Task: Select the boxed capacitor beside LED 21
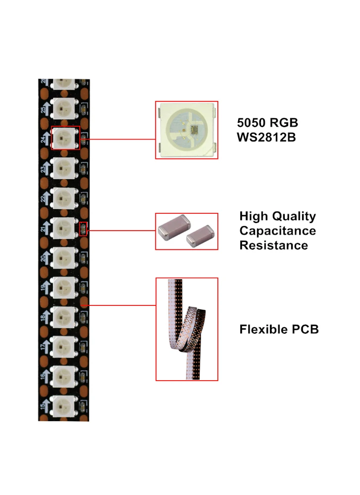pyautogui.click(x=84, y=229)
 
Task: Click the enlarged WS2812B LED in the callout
pyautogui.click(x=187, y=130)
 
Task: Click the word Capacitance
pyautogui.click(x=277, y=231)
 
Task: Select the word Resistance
pyautogui.click(x=273, y=245)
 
